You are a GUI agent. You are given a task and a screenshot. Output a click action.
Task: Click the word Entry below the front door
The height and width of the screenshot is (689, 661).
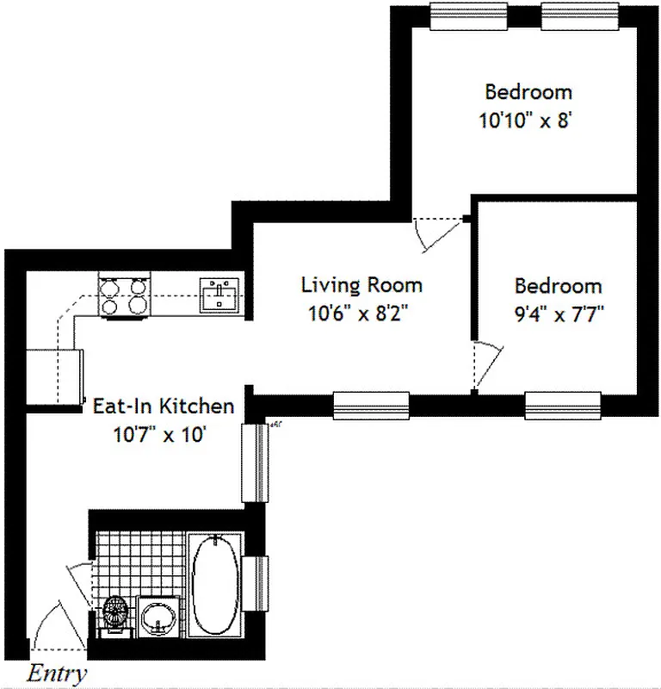point(57,673)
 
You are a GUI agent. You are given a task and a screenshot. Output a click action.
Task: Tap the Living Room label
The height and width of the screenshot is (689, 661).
point(361,285)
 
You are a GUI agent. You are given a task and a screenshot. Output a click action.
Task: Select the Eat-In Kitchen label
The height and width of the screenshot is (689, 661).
point(164,406)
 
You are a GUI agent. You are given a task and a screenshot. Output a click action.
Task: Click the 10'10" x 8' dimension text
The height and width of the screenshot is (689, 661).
point(526,120)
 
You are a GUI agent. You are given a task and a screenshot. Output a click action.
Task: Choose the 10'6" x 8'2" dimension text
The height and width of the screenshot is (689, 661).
point(361,313)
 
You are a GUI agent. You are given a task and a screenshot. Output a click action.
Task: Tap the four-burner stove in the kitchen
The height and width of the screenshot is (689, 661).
point(124,295)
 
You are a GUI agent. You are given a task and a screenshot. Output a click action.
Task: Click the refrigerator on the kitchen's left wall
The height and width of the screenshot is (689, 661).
point(54,376)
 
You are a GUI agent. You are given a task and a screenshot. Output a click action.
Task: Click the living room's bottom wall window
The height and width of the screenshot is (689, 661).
point(370,404)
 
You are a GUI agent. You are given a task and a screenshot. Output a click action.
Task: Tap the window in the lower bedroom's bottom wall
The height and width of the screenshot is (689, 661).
point(563,404)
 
